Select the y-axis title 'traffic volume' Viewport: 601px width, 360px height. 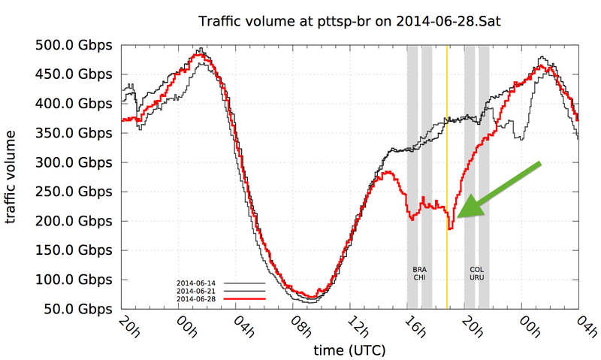[13, 177]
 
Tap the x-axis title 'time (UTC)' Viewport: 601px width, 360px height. [349, 350]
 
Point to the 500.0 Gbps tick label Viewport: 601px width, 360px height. [74, 45]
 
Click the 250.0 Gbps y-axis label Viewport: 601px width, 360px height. [74, 192]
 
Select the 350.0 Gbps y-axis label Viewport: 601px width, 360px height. [74, 133]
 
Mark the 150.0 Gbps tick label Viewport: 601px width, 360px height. [74, 250]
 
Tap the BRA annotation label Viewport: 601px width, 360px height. [419, 269]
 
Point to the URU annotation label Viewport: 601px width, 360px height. [476, 277]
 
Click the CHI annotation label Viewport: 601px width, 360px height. [419, 277]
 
